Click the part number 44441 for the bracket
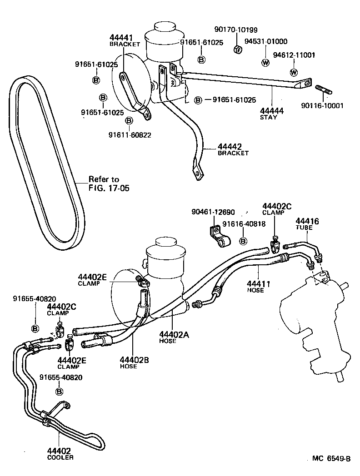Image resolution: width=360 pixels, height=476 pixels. click(x=120, y=37)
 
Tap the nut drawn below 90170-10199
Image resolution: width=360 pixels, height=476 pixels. click(x=237, y=49)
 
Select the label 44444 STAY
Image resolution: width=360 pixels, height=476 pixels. click(x=272, y=113)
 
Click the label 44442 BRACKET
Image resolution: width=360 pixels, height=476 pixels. click(x=233, y=149)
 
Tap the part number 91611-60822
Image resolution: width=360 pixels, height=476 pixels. click(x=130, y=135)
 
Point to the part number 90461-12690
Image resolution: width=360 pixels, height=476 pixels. click(x=213, y=212)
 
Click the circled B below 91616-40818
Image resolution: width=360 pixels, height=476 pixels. click(x=243, y=240)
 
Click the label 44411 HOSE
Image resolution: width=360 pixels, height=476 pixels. click(x=259, y=286)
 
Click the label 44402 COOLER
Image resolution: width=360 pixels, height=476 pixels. click(x=59, y=453)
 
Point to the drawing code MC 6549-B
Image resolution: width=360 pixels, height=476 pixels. click(x=331, y=458)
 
